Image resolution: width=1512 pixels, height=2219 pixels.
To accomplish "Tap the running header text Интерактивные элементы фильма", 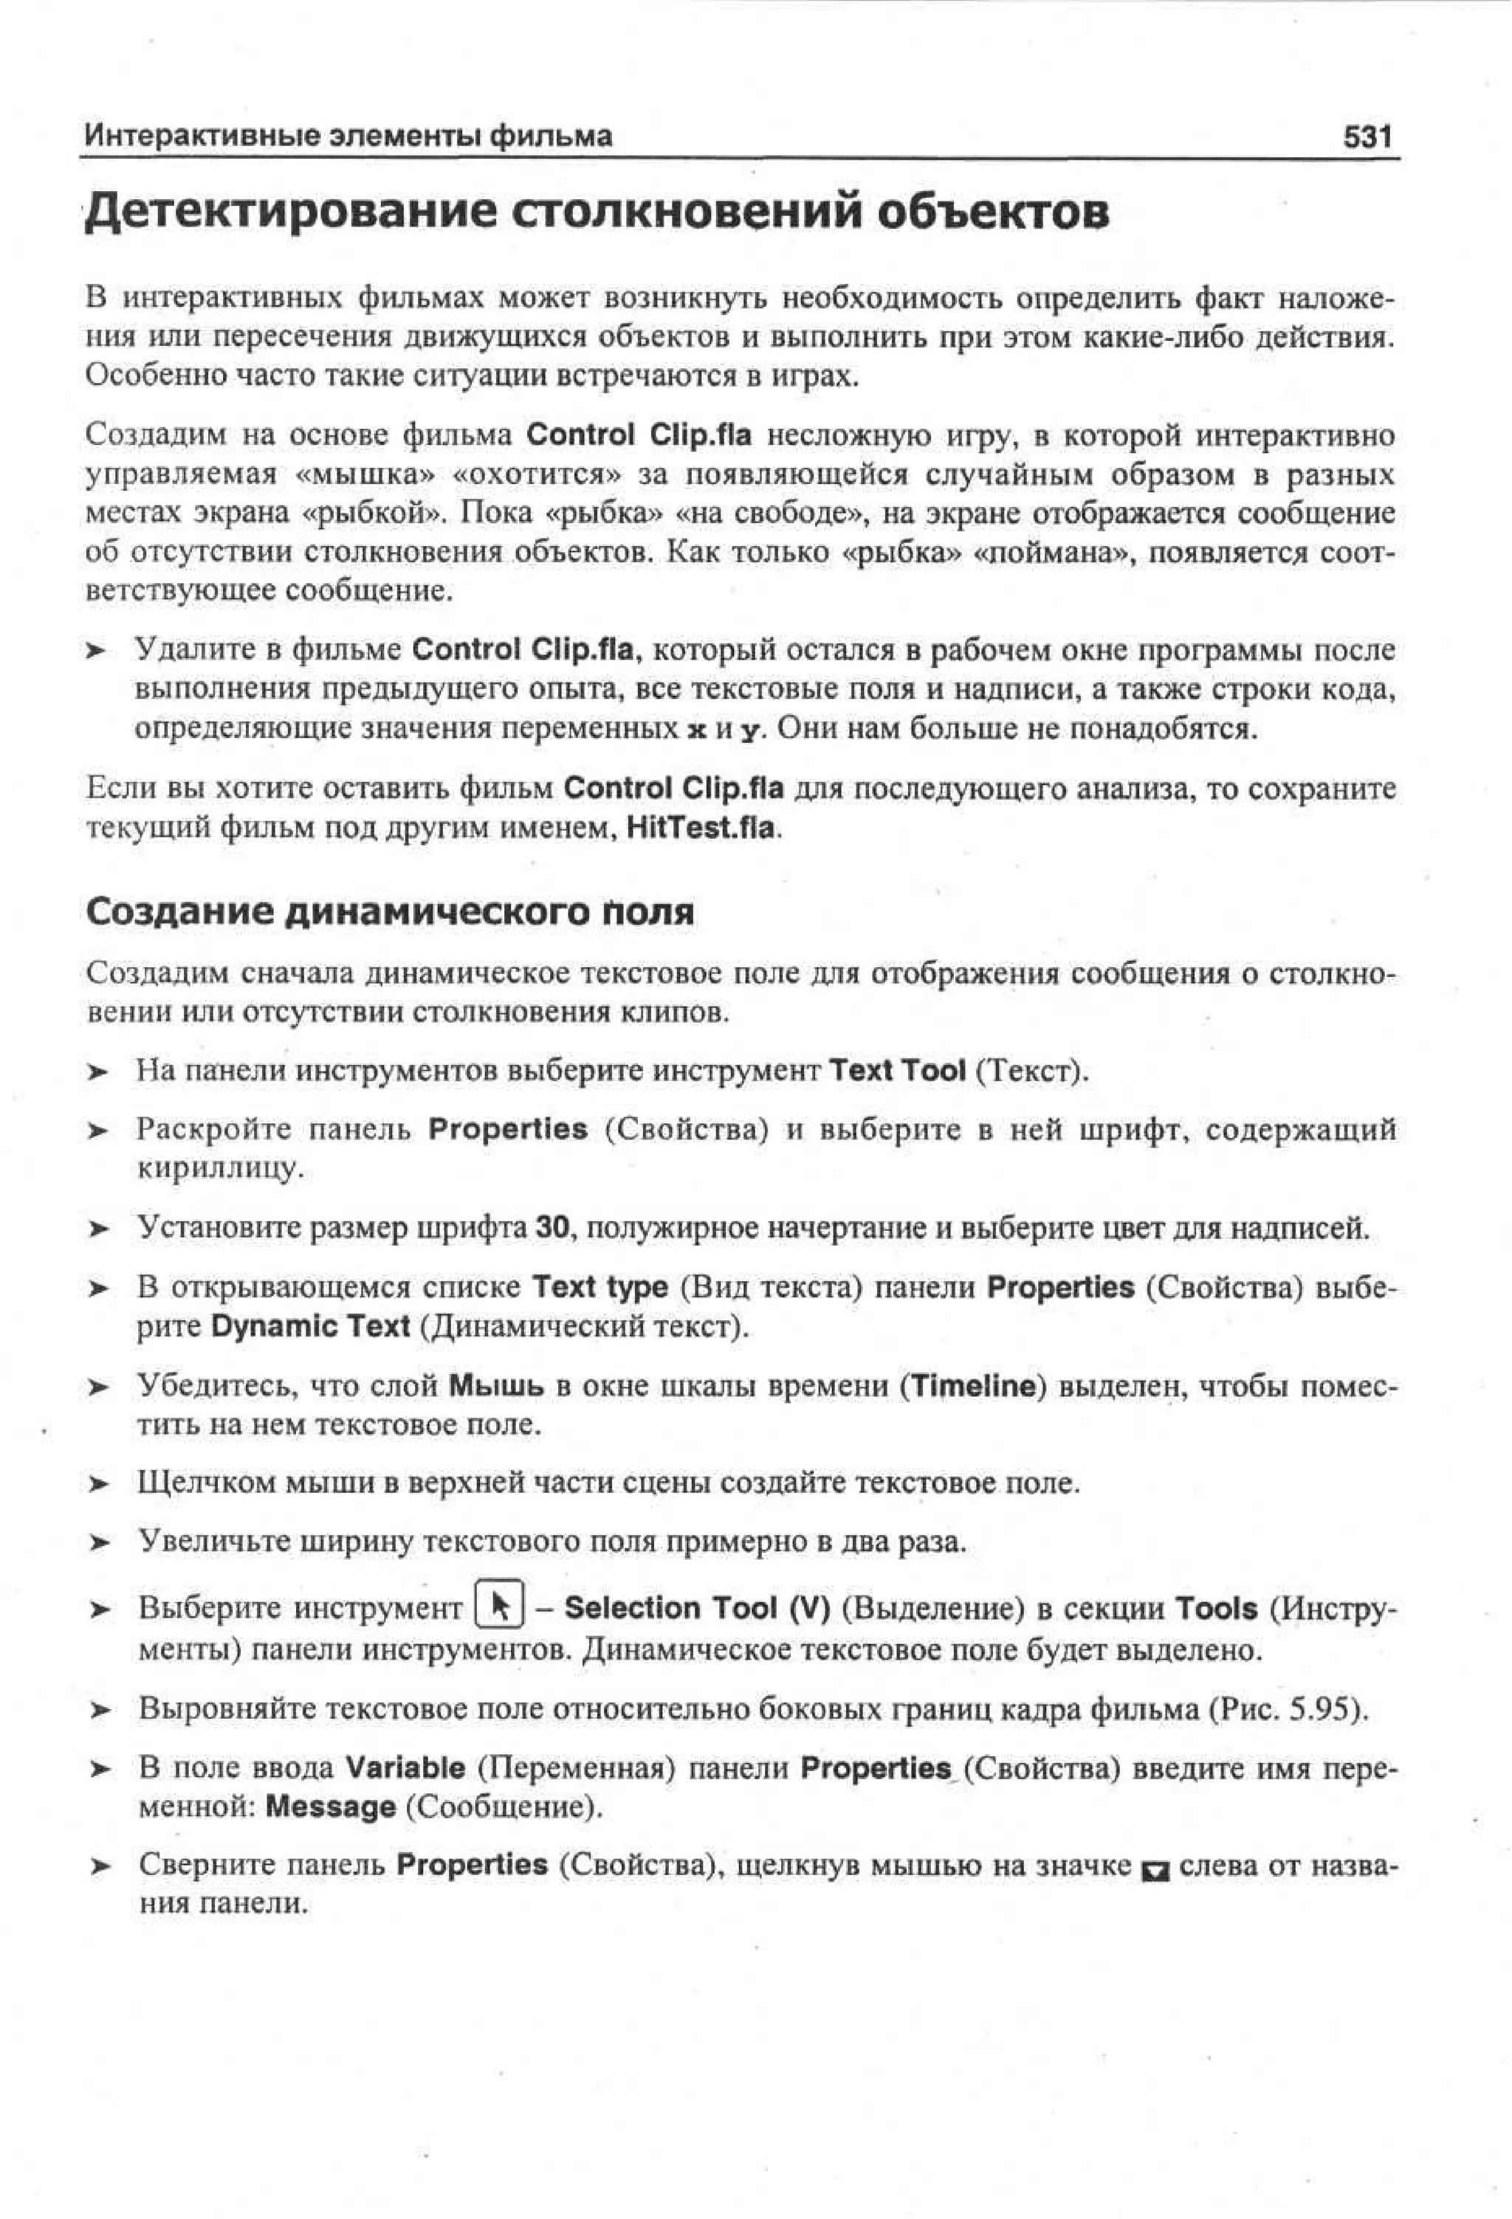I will tap(348, 137).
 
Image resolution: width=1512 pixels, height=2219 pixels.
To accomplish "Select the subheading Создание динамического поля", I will tap(390, 912).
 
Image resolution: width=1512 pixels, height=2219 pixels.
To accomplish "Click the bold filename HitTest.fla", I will tap(699, 827).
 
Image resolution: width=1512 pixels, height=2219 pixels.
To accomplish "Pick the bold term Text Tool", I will tap(897, 1070).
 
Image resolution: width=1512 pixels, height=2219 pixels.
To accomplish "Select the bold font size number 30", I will tap(552, 1227).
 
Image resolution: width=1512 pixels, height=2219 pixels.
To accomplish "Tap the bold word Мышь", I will tap(495, 1385).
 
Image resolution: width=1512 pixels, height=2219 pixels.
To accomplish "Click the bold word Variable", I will tap(405, 1768).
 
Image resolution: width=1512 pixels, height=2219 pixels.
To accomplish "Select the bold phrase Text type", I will tap(599, 1287).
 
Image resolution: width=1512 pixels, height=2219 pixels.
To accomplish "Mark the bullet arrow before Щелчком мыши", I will tap(100, 1485).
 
